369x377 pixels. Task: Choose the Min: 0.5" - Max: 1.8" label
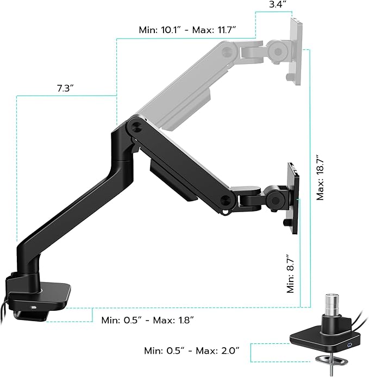(x=148, y=320)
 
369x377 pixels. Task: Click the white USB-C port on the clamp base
(x=35, y=308)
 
